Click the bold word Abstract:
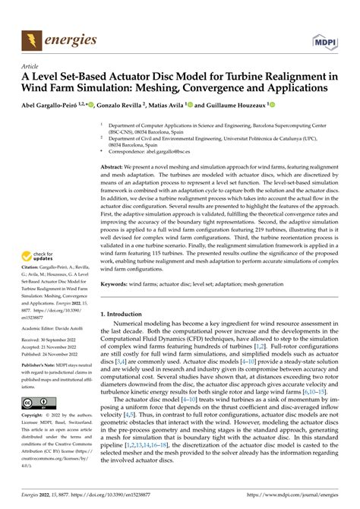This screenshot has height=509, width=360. pyautogui.click(x=115, y=165)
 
